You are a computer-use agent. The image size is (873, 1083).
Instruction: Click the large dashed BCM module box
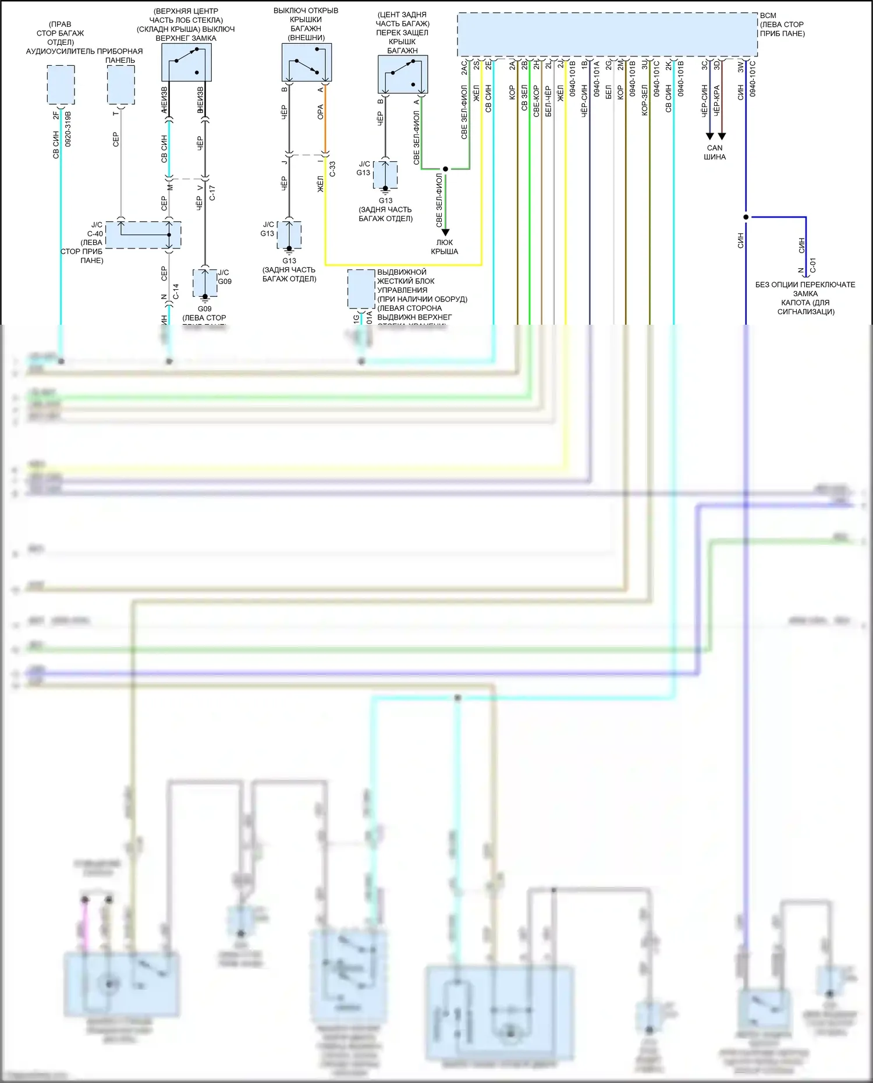pos(607,35)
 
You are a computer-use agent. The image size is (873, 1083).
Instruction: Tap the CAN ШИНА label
pos(715,152)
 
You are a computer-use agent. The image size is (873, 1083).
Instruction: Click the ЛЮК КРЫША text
pos(445,247)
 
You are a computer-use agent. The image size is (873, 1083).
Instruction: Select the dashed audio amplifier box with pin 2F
pos(61,85)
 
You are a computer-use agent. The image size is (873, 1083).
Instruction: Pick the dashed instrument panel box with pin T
pos(121,85)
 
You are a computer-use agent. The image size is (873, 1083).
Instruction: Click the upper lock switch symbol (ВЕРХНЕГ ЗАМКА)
pos(186,62)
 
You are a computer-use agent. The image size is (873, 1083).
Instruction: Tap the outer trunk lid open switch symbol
pos(307,63)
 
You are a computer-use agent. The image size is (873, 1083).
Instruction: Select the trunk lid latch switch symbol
pos(403,74)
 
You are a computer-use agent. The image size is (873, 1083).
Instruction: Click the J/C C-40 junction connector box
pos(143,235)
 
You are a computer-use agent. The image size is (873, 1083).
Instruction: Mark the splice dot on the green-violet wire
pos(445,169)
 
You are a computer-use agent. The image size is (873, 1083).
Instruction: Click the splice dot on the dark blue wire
pos(746,217)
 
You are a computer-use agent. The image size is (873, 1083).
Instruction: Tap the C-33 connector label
pos(332,169)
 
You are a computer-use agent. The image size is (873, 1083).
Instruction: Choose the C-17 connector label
pos(212,193)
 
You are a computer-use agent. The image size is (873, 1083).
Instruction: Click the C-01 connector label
pos(813,265)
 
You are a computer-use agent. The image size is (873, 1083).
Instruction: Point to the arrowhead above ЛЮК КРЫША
pos(445,232)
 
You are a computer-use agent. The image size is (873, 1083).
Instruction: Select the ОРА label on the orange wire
pos(320,112)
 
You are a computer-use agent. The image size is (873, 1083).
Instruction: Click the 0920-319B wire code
pos(68,129)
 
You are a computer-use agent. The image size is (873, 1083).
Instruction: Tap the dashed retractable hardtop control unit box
pos(361,289)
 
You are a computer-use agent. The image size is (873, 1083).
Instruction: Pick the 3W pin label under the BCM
pos(741,68)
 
